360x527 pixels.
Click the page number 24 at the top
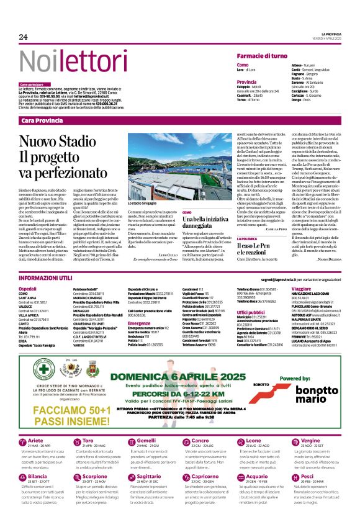tap(23, 37)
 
